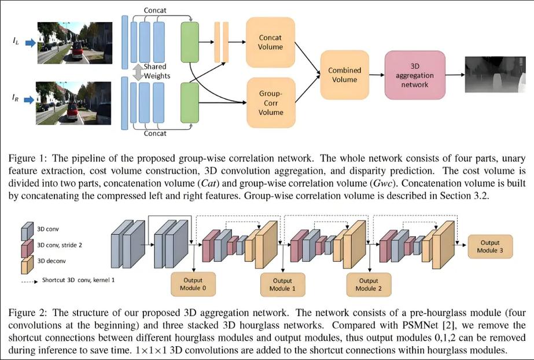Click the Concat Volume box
click(270, 42)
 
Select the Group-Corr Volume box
click(271, 103)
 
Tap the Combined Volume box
click(344, 75)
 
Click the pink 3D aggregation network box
click(415, 75)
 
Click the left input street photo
click(75, 43)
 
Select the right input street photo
click(73, 103)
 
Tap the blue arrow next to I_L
click(31, 43)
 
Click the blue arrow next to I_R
click(30, 100)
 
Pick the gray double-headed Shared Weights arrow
click(138, 72)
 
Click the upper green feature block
click(190, 42)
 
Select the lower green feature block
click(190, 102)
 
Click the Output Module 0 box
click(193, 284)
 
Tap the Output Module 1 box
click(283, 285)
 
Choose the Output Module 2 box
click(369, 285)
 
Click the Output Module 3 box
click(490, 246)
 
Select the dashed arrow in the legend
click(30, 282)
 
